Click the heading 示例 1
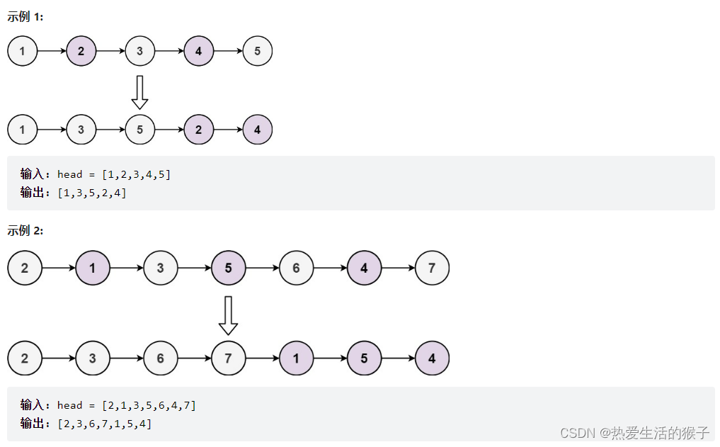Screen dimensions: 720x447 [25, 17]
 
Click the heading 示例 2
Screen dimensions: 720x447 [25, 230]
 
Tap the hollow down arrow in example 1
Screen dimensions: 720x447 [140, 92]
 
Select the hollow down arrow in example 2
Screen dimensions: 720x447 [228, 315]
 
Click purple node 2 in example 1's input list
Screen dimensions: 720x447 [81, 51]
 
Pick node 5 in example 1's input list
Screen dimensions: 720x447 [257, 51]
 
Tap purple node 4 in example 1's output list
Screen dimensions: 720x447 [257, 130]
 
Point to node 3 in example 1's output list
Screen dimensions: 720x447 [81, 130]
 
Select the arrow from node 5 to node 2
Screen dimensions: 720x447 [169, 130]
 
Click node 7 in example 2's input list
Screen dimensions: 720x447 [432, 268]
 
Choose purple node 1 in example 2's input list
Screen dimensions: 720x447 [93, 268]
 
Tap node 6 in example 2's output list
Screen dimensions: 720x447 [161, 358]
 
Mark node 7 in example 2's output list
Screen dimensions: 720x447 [228, 358]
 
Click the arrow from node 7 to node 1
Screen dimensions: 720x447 [262, 358]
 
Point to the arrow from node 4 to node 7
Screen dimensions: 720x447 [398, 268]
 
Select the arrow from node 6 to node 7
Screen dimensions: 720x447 [194, 358]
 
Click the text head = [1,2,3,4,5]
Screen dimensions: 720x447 [114, 174]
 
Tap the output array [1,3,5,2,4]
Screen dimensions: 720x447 [92, 193]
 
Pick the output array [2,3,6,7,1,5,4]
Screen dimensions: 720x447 [105, 424]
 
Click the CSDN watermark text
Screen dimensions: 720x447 [634, 432]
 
